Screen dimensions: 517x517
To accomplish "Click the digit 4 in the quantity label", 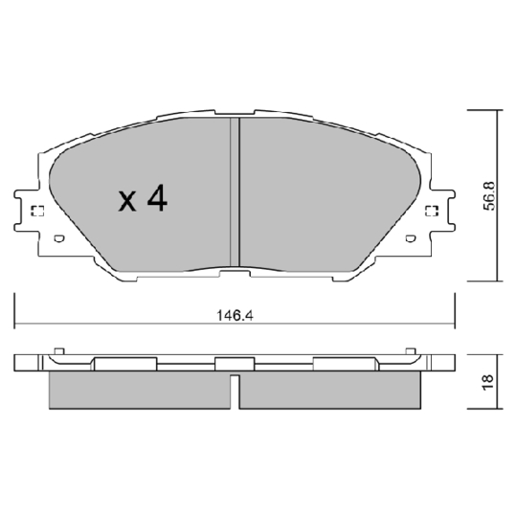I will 157,198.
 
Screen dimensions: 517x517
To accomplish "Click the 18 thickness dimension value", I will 486,379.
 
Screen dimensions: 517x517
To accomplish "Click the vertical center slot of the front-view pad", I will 236,191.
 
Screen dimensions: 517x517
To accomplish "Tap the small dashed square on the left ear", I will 37,213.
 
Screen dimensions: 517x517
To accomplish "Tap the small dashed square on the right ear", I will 431,213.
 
